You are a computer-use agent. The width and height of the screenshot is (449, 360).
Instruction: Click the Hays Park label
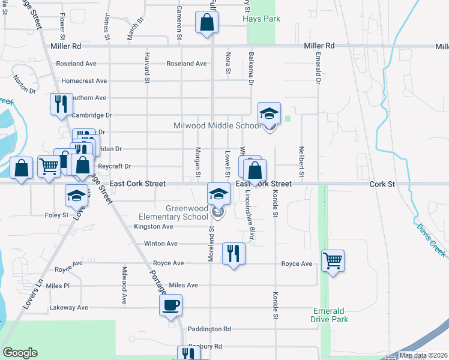[262, 19]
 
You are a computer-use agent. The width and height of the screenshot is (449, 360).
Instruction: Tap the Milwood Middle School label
[217, 125]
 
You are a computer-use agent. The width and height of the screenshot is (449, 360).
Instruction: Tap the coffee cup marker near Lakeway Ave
[170, 305]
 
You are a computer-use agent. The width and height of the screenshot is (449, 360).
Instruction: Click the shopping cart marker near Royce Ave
[333, 260]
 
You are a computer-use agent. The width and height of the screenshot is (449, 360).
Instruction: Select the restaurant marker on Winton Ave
[234, 253]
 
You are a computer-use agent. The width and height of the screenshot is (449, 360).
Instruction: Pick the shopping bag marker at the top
[206, 22]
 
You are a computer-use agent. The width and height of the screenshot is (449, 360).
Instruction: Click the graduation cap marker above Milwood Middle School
[270, 113]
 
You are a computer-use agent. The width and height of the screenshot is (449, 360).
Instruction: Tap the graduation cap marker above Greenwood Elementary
[218, 193]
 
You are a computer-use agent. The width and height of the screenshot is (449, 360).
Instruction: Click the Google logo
[20, 353]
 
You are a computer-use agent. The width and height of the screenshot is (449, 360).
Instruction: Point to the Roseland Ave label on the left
[76, 64]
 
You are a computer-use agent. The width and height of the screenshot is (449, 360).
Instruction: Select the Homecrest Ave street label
[84, 80]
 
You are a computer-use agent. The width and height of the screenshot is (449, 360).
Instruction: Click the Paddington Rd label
[209, 329]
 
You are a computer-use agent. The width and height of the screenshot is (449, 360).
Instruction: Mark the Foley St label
[56, 215]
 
